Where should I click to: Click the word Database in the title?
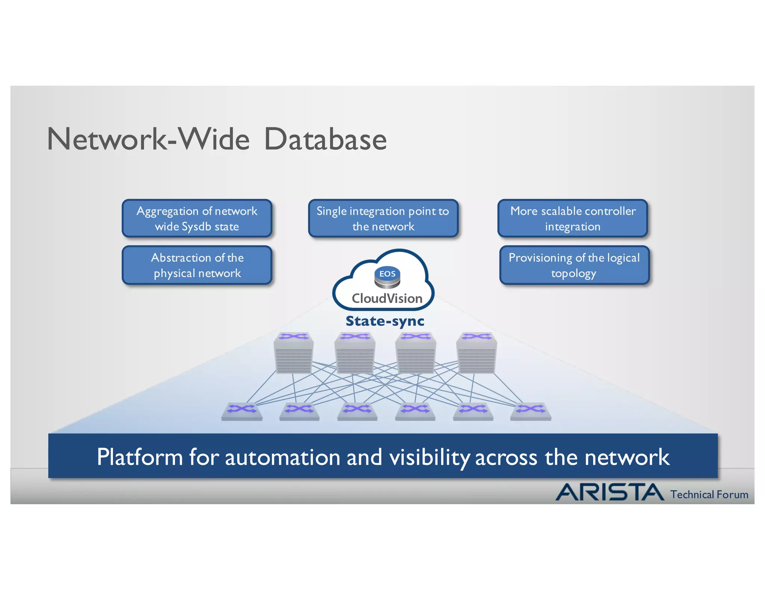325,139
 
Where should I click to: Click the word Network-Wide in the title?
148,139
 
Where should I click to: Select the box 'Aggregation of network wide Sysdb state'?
197,219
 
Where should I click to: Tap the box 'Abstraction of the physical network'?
197,265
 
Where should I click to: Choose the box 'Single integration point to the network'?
383,219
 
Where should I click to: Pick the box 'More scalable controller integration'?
573,219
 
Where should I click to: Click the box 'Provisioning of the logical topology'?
574,265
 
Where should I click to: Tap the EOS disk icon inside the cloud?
387,277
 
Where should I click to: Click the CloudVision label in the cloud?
387,298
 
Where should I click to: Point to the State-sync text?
385,321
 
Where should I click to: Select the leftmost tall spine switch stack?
294,353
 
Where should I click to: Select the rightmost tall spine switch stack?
476,353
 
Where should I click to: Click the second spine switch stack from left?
354,353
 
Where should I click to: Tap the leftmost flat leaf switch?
242,412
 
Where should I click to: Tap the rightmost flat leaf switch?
530,412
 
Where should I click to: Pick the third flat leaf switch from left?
357,412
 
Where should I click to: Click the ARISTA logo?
610,492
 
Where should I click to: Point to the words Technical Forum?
709,495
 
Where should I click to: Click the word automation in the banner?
282,457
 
